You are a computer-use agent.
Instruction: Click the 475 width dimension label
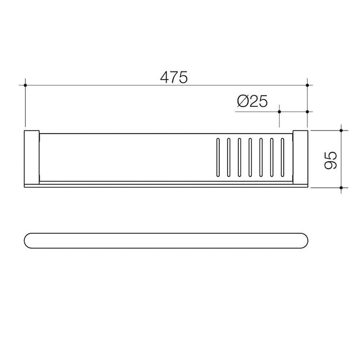click(x=174, y=77)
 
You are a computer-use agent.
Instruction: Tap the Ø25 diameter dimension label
click(x=253, y=101)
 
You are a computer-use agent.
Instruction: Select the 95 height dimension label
click(x=331, y=160)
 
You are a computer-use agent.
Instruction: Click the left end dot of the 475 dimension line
click(x=25, y=85)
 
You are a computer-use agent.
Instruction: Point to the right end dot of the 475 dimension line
click(x=308, y=85)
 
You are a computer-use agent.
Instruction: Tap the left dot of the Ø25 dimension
click(x=279, y=112)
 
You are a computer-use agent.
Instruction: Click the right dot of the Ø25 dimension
click(x=308, y=112)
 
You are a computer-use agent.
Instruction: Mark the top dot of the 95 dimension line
click(x=341, y=131)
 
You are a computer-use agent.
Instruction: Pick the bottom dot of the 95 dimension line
click(x=341, y=188)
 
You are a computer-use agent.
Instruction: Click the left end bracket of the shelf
click(x=32, y=158)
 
